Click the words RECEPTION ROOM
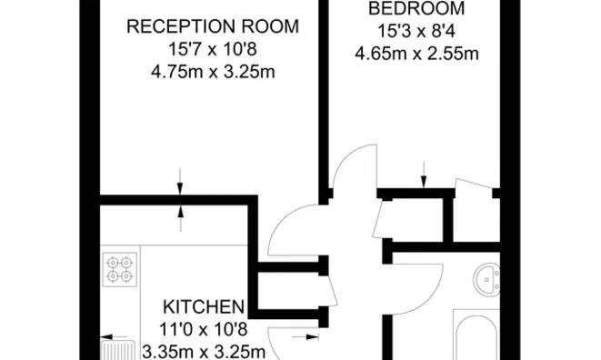coord(212,26)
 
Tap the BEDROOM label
coord(416,9)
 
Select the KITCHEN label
coord(204,306)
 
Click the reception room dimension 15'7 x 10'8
coord(212,49)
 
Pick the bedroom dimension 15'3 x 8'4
coord(416,31)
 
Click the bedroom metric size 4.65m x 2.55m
coord(416,53)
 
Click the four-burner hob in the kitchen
coord(120,269)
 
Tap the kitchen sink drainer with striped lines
coord(117,348)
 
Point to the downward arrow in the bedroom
coord(423,175)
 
